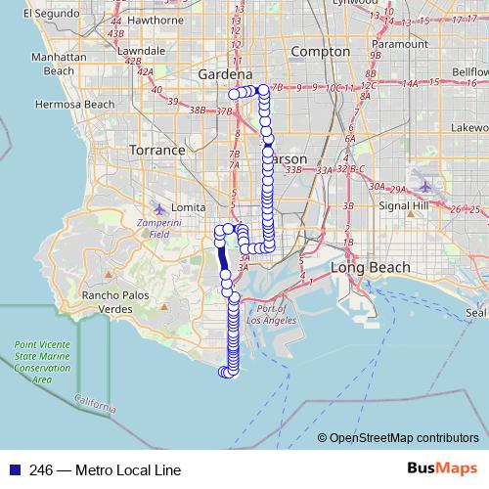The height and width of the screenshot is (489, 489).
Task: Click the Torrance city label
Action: pyautogui.click(x=157, y=151)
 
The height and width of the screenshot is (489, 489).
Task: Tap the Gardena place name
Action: pyautogui.click(x=225, y=74)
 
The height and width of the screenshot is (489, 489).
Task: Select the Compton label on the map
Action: pyautogui.click(x=321, y=52)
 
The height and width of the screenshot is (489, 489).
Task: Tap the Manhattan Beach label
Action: pyautogui.click(x=60, y=64)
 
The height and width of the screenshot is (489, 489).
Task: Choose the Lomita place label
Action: pyautogui.click(x=188, y=208)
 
